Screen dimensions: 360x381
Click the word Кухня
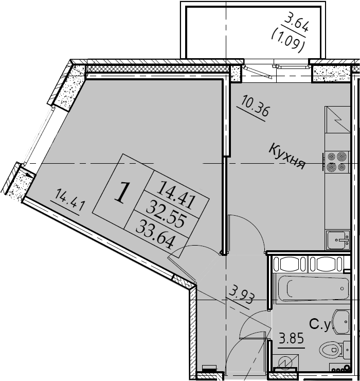(287, 156)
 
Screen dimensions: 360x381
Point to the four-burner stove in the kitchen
(337, 162)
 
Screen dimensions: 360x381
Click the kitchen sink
(337, 240)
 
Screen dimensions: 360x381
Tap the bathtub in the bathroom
(314, 288)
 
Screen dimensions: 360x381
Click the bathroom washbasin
(341, 322)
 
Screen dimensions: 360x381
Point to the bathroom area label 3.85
(291, 338)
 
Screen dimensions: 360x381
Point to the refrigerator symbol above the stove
(337, 119)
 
